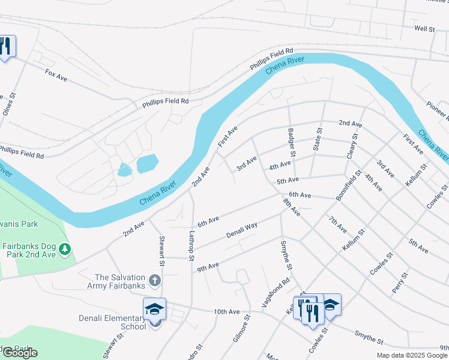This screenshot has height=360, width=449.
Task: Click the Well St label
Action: tap(424, 28)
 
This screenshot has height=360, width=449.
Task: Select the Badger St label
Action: tap(292, 140)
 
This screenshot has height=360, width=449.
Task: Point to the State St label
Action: tap(318, 139)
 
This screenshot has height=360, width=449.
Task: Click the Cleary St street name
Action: tap(352, 146)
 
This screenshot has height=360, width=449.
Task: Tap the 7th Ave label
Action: tap(338, 224)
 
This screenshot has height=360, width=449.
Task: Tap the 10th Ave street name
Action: tap(226, 312)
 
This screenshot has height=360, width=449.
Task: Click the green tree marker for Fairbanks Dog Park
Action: tap(65, 248)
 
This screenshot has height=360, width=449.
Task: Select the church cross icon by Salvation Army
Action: tap(155, 280)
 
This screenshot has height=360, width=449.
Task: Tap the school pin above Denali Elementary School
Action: tap(155, 309)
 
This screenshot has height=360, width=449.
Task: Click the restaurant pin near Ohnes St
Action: tap(5, 46)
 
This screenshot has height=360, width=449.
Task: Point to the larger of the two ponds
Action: tap(147, 163)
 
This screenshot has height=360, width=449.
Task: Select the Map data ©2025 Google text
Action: tap(412, 355)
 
